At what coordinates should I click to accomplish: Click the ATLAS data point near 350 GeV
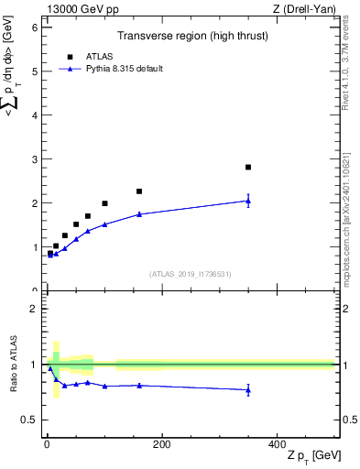coord(248,167)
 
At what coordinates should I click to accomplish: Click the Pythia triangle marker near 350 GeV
coord(248,201)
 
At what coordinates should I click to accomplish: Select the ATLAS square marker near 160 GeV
coord(139,191)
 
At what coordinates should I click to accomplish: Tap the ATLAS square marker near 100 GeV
coord(104,203)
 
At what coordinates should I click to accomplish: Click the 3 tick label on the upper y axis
coord(34,159)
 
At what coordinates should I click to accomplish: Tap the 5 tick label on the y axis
coord(34,71)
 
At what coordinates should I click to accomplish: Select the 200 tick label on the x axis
coord(161,444)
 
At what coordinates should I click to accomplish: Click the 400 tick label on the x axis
coord(277,444)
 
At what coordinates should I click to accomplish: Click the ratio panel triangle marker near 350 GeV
coord(248,390)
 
